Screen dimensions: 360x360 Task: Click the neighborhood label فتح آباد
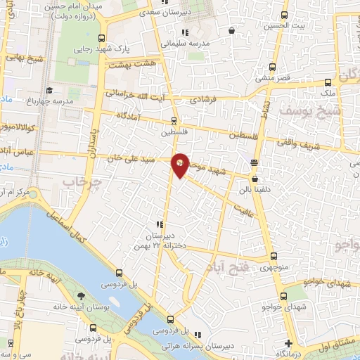(222, 267)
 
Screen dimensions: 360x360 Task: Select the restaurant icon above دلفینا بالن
(254, 163)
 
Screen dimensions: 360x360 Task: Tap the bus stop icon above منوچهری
(274, 257)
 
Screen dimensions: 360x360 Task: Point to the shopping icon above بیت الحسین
(233, 30)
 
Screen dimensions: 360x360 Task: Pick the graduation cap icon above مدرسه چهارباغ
(49, 91)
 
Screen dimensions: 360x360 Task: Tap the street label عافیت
(244, 208)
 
